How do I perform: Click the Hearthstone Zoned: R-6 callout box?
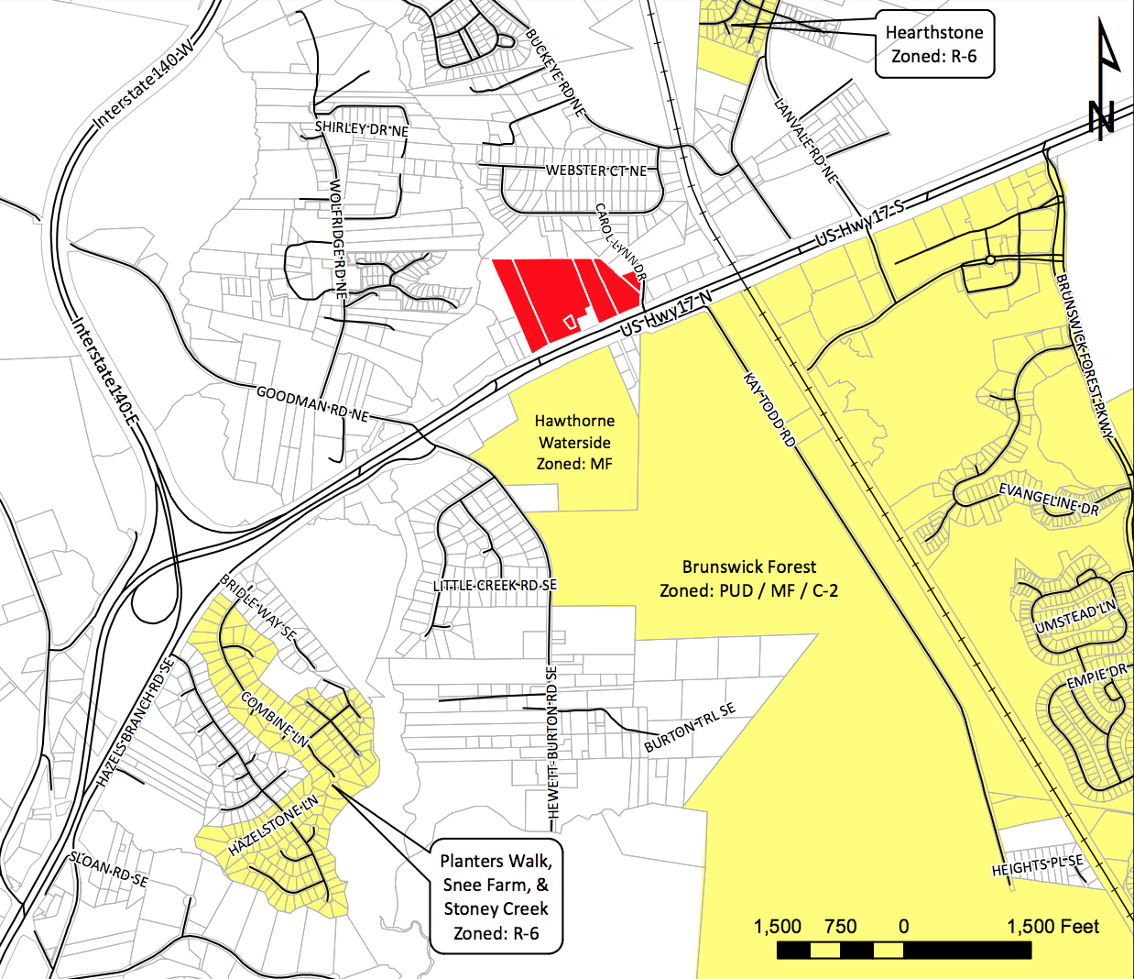pos(933,44)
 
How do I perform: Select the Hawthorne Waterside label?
pos(574,442)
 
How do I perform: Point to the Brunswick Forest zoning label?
pos(748,578)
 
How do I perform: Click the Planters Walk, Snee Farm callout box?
pos(496,896)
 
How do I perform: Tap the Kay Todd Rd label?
pos(769,409)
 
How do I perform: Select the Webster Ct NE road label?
pos(596,170)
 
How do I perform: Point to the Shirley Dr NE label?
pos(362,128)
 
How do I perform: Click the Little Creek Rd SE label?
pos(495,585)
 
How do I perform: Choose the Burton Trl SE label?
pos(689,728)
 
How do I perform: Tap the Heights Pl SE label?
pos(1037,865)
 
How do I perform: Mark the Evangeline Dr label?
pos(1048,500)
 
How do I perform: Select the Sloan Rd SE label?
pos(108,869)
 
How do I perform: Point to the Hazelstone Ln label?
pos(273,826)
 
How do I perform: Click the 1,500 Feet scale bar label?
pos(1052,927)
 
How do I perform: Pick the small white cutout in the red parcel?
pos(569,321)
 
